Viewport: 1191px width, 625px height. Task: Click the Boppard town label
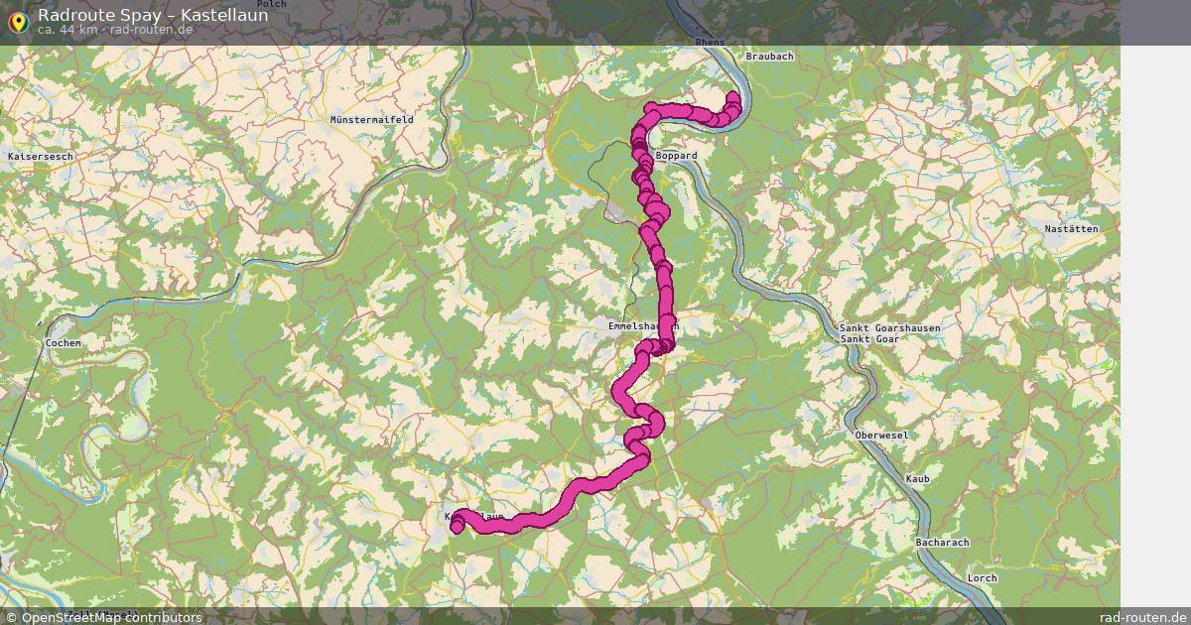point(677,156)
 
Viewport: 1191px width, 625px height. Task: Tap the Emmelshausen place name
point(642,325)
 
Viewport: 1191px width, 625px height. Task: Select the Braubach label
point(769,57)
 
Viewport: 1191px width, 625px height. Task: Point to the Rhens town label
point(711,43)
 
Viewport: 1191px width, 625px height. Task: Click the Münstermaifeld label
point(371,119)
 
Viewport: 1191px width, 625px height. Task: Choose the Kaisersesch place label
point(40,157)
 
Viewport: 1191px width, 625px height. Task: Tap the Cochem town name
point(63,343)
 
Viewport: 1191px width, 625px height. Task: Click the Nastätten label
point(1071,229)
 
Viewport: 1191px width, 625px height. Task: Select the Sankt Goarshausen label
point(889,327)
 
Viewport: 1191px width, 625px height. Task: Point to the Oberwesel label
point(881,436)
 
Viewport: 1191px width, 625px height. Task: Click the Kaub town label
point(917,479)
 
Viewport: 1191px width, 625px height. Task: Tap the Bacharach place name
point(942,543)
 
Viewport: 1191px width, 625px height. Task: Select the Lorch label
point(982,577)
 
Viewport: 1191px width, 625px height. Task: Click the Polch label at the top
point(271,5)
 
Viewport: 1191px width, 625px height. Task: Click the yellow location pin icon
point(18,22)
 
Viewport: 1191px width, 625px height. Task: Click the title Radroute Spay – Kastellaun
point(153,15)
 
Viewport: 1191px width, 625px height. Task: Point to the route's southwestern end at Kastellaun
point(457,527)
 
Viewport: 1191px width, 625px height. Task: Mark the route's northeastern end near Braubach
point(733,97)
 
